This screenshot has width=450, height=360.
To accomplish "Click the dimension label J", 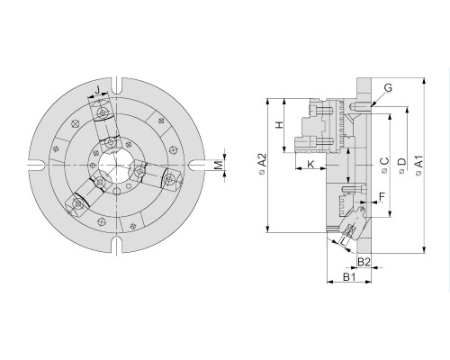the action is [97, 89].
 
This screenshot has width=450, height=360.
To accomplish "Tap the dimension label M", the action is [220, 165].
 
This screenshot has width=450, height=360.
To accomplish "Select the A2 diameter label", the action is [262, 163].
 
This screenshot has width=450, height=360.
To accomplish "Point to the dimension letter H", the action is [279, 125].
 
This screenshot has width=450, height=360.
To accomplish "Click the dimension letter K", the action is [310, 164].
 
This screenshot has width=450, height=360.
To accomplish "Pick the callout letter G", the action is [388, 87].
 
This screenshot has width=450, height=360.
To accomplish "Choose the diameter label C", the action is [384, 165].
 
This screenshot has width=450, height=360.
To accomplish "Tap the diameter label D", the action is [401, 165].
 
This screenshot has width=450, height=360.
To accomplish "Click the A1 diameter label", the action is [418, 165].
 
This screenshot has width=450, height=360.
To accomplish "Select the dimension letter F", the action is [382, 197].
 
